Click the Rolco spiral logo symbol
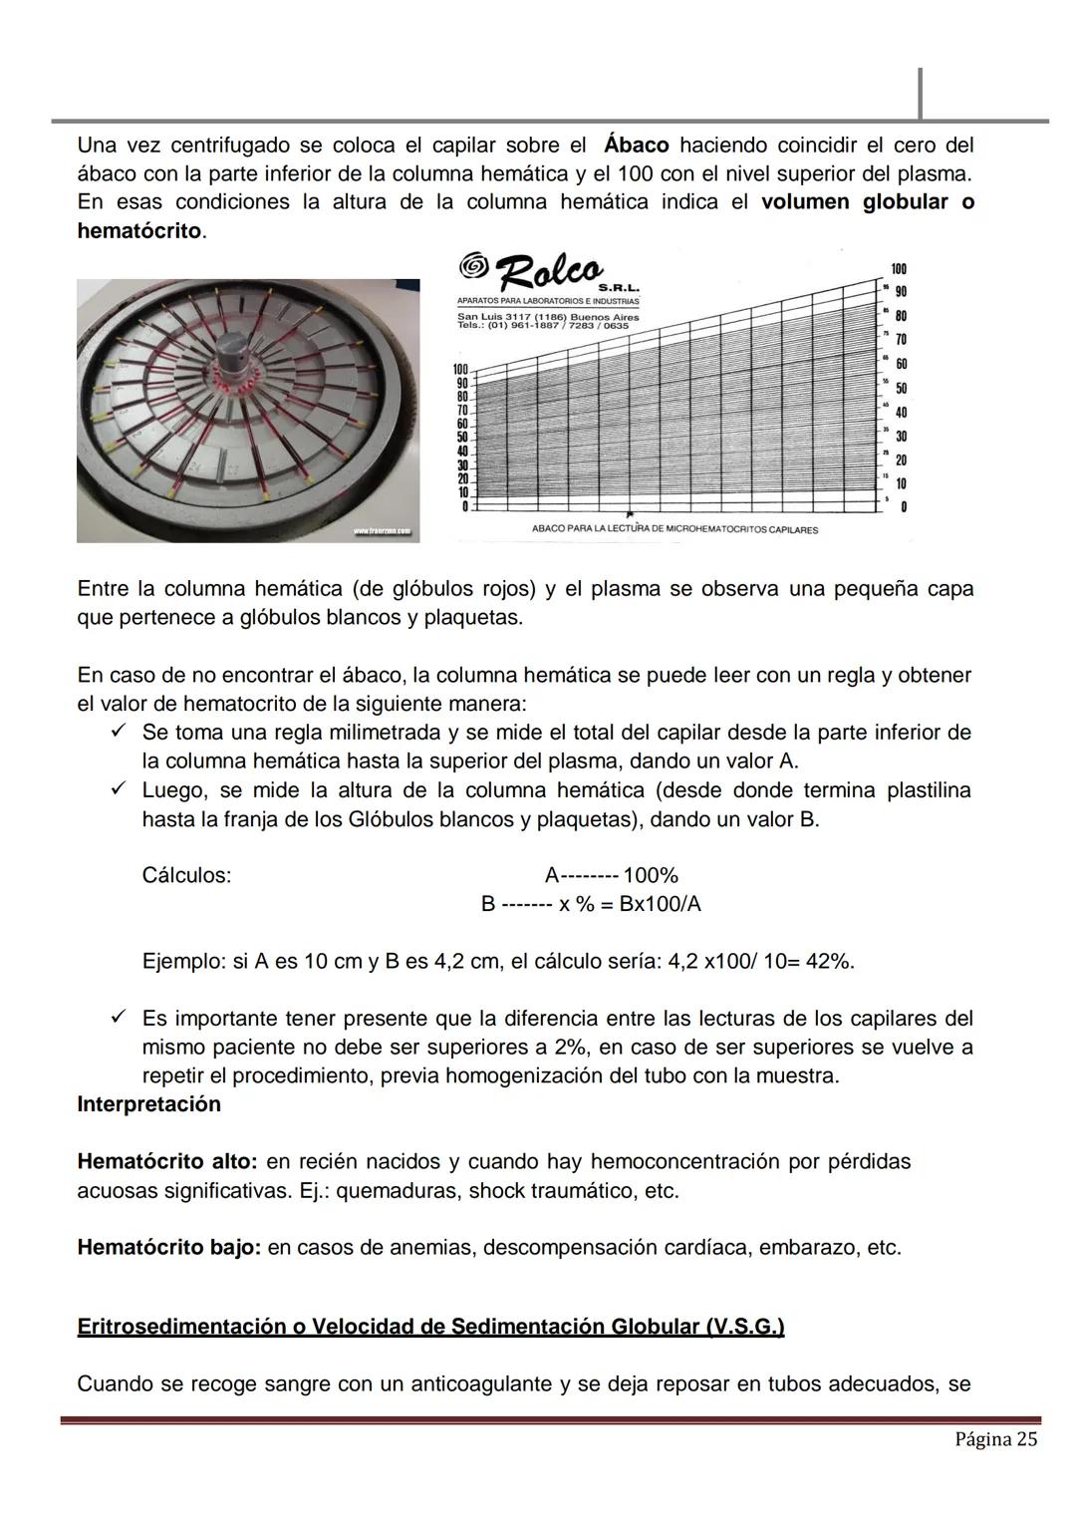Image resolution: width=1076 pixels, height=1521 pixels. click(474, 265)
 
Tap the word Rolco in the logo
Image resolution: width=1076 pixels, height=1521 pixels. click(549, 270)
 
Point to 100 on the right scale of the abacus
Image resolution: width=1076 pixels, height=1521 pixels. click(899, 269)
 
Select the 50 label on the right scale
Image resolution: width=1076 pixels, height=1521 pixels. click(901, 388)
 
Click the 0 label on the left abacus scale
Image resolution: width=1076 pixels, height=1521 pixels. click(464, 507)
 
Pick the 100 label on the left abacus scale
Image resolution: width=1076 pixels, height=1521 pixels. click(461, 370)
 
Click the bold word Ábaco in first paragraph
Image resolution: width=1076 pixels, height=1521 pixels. click(637, 146)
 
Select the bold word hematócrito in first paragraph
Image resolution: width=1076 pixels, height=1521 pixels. click(138, 231)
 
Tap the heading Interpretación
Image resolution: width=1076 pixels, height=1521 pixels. click(148, 1104)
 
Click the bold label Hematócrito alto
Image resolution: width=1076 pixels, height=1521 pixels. click(166, 1162)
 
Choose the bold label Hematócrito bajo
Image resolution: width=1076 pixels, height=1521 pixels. click(168, 1248)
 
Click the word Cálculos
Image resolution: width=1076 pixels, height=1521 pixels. click(186, 876)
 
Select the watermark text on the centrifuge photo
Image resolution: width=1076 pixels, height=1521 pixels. click(383, 532)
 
